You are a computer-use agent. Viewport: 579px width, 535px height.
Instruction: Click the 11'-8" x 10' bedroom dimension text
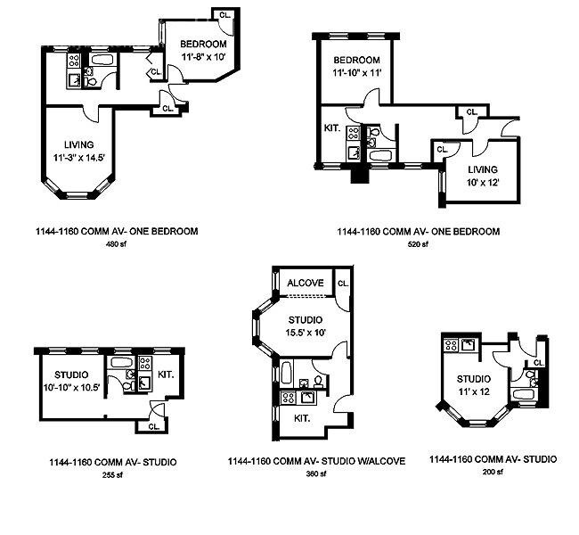[x=203, y=57]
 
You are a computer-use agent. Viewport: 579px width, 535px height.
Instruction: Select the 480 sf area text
[x=117, y=244]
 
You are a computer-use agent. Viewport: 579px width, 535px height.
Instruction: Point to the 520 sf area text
[x=418, y=244]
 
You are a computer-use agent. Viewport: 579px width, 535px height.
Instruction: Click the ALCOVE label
[x=306, y=283]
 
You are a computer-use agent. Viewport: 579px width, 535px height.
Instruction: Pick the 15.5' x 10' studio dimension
[x=306, y=333]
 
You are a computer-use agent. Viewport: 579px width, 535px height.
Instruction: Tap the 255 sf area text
[x=112, y=475]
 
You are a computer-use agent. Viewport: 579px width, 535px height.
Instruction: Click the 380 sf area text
[x=316, y=474]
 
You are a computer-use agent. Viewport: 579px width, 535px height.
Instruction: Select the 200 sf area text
[x=493, y=472]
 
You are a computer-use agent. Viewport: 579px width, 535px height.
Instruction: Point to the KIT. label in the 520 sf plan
[x=332, y=128]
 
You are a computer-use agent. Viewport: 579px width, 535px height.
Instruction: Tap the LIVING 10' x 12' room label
[x=483, y=176]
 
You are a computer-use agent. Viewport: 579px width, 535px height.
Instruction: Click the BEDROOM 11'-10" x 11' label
[x=356, y=66]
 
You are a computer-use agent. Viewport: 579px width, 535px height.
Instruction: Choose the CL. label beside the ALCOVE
[x=343, y=284]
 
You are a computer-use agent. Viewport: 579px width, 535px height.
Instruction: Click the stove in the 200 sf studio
[x=451, y=345]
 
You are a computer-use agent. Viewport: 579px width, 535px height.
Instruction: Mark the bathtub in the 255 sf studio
[x=122, y=362]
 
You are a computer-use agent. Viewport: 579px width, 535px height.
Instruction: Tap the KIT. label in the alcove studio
[x=302, y=418]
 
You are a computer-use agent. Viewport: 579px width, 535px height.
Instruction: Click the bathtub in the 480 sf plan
[x=103, y=60]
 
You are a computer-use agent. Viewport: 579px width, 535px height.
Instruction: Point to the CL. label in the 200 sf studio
[x=539, y=363]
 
